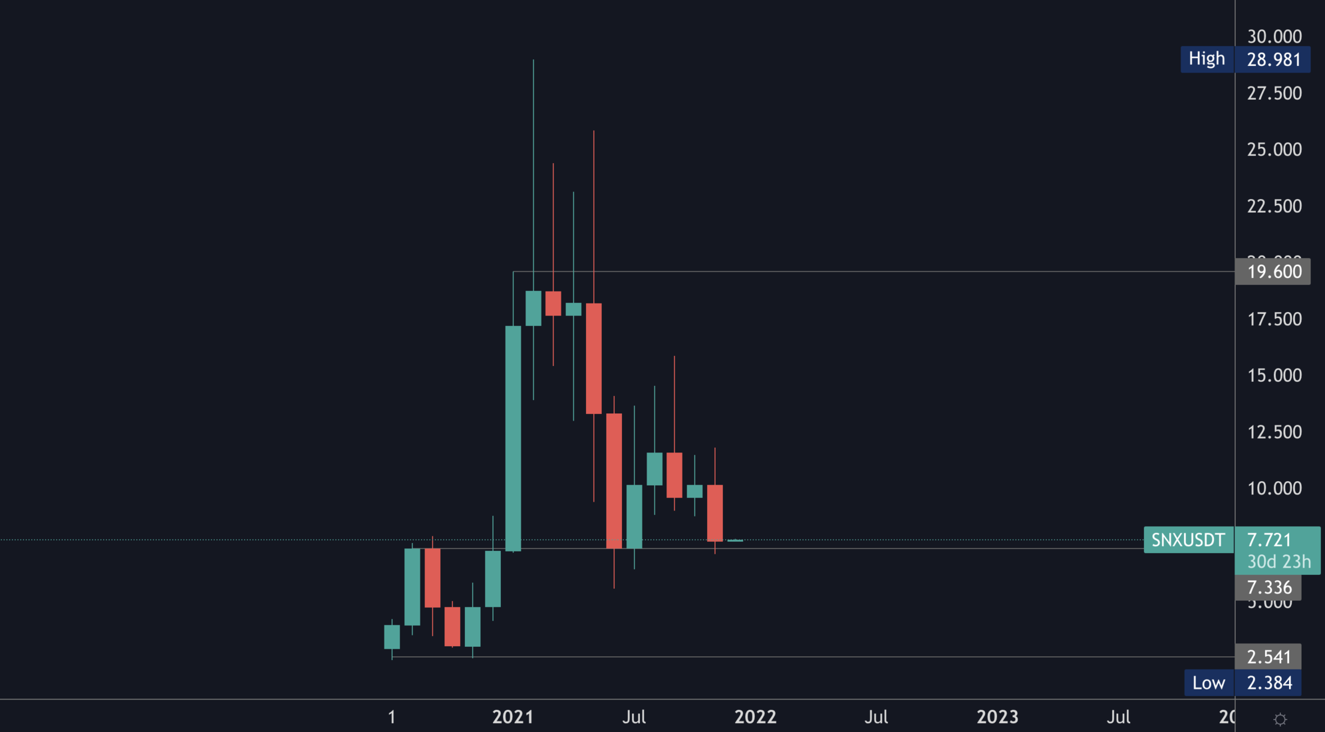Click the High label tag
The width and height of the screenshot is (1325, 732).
[1207, 59]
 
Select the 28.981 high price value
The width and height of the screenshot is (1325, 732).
[1273, 59]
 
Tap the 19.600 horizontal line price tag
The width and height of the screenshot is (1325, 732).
[1273, 272]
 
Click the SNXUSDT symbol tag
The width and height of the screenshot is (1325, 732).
[1188, 540]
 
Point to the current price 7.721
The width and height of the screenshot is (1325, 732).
[1269, 540]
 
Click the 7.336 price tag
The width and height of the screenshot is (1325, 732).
[1268, 588]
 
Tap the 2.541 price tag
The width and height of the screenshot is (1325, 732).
[1268, 657]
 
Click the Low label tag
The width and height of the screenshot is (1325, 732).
[1208, 683]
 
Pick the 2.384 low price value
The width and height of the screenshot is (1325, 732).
[1269, 683]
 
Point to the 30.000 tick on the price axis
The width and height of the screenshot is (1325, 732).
[1274, 36]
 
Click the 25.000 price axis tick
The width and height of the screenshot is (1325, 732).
[1274, 149]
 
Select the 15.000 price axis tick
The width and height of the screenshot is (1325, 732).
[1274, 375]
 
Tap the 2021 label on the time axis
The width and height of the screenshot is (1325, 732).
[512, 717]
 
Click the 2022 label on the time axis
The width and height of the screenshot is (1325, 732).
[755, 717]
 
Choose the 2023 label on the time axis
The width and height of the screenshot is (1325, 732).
[997, 717]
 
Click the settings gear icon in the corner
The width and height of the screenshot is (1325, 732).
[1280, 719]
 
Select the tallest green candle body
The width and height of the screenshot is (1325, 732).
[513, 438]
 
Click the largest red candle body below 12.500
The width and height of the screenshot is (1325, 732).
[614, 480]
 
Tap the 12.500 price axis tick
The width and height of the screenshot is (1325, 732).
[1274, 432]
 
